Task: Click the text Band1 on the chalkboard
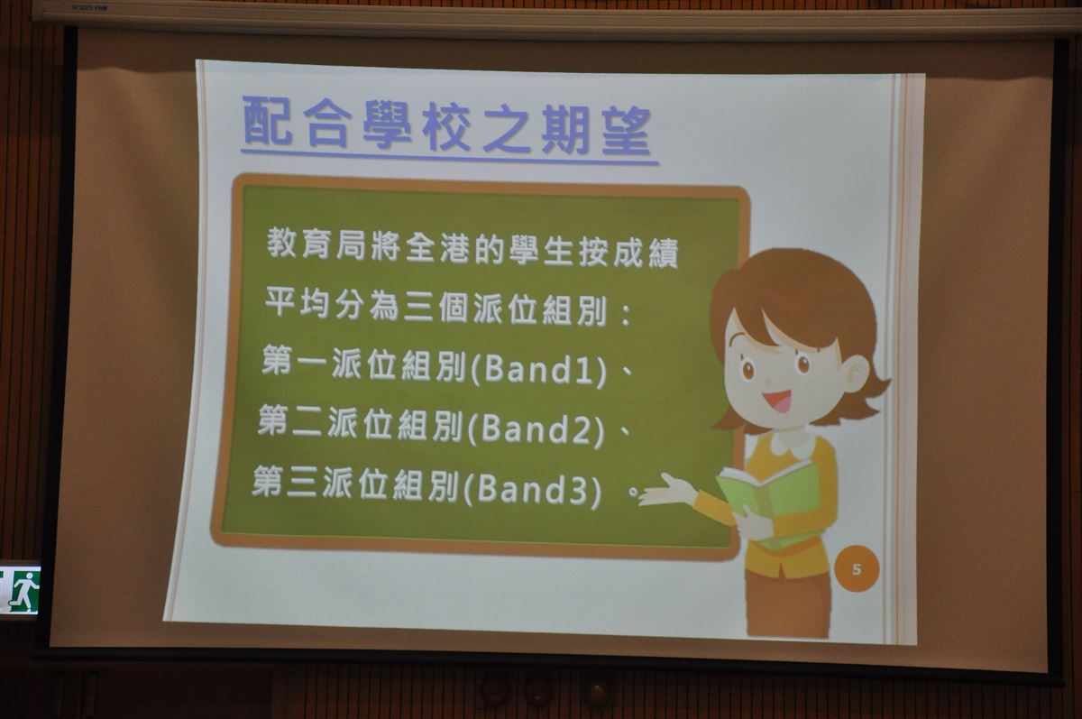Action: tap(537, 370)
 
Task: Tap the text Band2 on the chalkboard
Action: tap(536, 429)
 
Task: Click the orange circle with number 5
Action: tap(857, 568)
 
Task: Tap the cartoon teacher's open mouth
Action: tap(777, 401)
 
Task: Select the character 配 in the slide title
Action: tap(267, 121)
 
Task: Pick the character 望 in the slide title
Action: tap(627, 131)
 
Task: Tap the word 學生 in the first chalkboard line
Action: tap(542, 251)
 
